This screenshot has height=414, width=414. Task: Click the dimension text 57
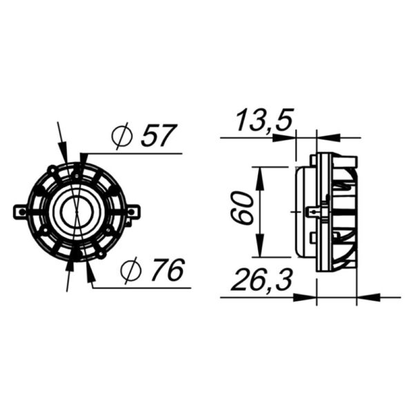coord(159,136)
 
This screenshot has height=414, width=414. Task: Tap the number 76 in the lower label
coord(166,271)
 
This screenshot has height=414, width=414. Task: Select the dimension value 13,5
coord(264,121)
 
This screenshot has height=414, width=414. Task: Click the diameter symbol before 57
coord(121,137)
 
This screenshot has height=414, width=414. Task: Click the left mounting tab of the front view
coord(21,211)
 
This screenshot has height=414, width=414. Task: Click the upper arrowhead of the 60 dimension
coord(259,176)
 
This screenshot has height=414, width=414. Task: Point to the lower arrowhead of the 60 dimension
coord(259,246)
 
